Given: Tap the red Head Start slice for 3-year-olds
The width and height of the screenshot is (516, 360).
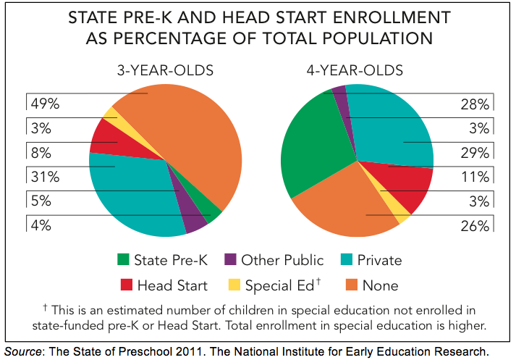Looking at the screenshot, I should (103, 135).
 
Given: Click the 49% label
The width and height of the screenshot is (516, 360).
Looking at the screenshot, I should (44, 103).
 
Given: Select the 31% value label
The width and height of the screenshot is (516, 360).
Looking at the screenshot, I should (45, 176).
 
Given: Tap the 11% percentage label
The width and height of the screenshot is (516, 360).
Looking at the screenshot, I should (475, 177).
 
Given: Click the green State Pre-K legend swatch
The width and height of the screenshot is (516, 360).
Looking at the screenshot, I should (123, 260).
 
